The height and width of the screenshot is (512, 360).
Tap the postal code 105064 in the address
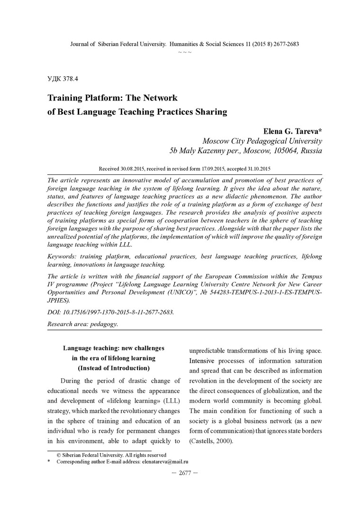287,151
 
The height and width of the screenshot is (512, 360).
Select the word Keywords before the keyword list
63,256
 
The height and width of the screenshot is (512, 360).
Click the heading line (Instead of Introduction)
114,368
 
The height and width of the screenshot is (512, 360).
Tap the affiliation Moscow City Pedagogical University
262,141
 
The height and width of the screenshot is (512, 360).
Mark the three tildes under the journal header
184,52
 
